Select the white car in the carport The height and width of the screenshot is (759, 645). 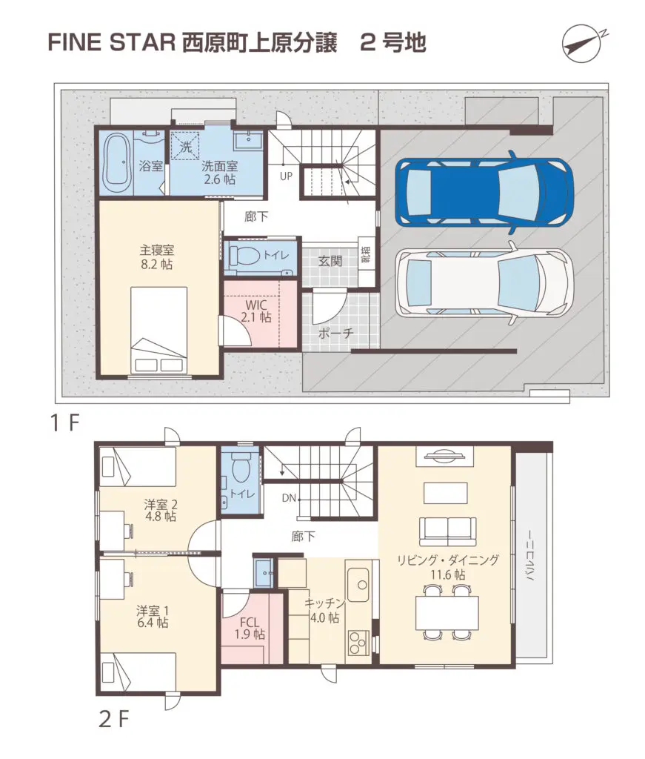pos(484,282)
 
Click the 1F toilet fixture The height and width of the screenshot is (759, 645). pos(244,255)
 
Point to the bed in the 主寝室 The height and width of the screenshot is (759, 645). pos(159,330)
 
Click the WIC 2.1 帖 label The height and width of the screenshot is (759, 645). pos(255,311)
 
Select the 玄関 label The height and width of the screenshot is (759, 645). pos(330,262)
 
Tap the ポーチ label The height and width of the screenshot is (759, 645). pos(335,333)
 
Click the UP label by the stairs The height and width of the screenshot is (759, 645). pos(287,176)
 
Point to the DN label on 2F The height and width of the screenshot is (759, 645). pos(289,497)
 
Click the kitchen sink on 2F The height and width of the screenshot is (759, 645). pos(358,585)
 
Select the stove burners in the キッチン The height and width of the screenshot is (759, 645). pos(358,643)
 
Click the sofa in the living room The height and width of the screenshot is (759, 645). pos(448,531)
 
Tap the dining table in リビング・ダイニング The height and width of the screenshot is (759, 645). pos(447,613)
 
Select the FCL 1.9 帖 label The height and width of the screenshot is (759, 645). pos(250,629)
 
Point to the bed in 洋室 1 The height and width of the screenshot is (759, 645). pos(138,673)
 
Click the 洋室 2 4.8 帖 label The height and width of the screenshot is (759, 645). pos(161,510)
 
